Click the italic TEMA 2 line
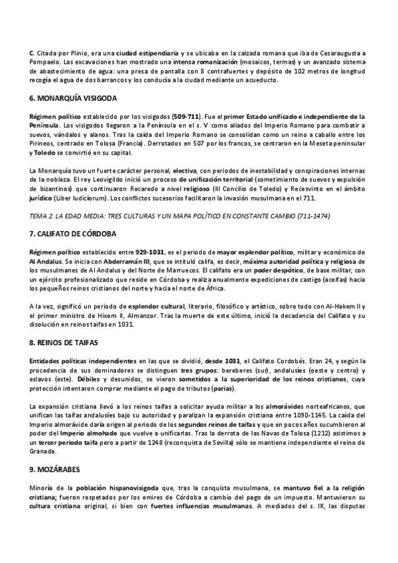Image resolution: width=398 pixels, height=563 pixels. (181, 217)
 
